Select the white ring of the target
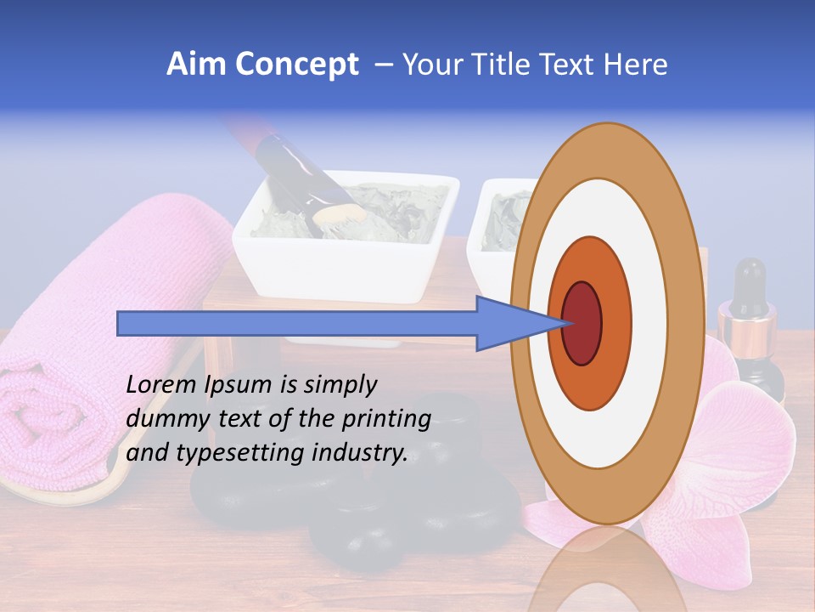pos(654,324)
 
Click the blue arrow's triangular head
pos(509,324)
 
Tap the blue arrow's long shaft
pos(297,324)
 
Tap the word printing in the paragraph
pos(390,420)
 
